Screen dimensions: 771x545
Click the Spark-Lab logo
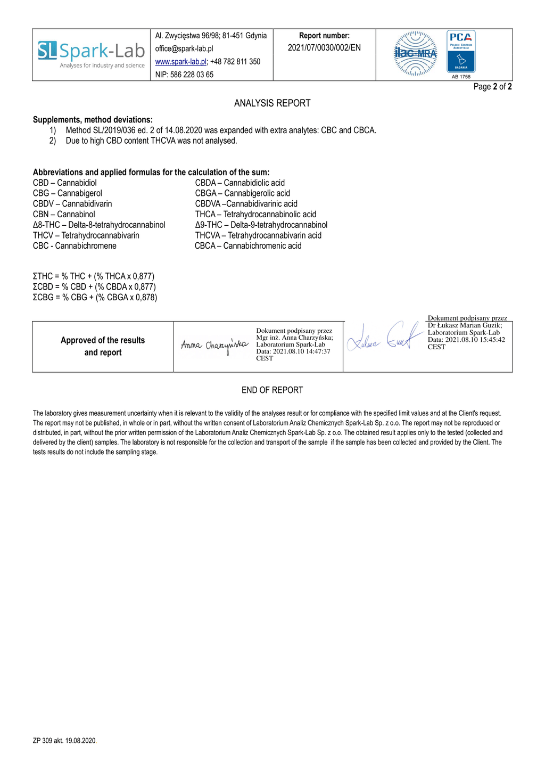(92, 54)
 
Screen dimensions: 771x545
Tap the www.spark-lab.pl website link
(181, 62)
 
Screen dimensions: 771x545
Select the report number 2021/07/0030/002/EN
(324, 48)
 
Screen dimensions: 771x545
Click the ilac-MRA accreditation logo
(415, 53)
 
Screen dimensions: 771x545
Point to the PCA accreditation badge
(461, 52)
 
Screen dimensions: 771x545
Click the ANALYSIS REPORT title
(272, 103)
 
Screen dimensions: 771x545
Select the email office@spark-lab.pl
(184, 48)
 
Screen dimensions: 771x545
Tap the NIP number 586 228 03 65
(184, 75)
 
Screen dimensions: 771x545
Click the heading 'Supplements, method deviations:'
(93, 120)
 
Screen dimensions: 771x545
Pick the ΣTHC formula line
(94, 276)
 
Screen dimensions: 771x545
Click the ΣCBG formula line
(95, 297)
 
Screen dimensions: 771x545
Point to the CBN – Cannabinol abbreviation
(64, 215)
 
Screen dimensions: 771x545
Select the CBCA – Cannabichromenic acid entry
(248, 246)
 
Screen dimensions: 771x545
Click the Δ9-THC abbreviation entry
(261, 225)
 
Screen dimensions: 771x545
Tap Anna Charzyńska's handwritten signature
(214, 345)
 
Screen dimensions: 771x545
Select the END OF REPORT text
(272, 390)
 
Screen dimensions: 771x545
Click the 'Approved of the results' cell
(103, 346)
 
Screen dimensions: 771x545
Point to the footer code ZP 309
(64, 741)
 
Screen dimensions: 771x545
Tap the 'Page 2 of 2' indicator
(492, 87)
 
